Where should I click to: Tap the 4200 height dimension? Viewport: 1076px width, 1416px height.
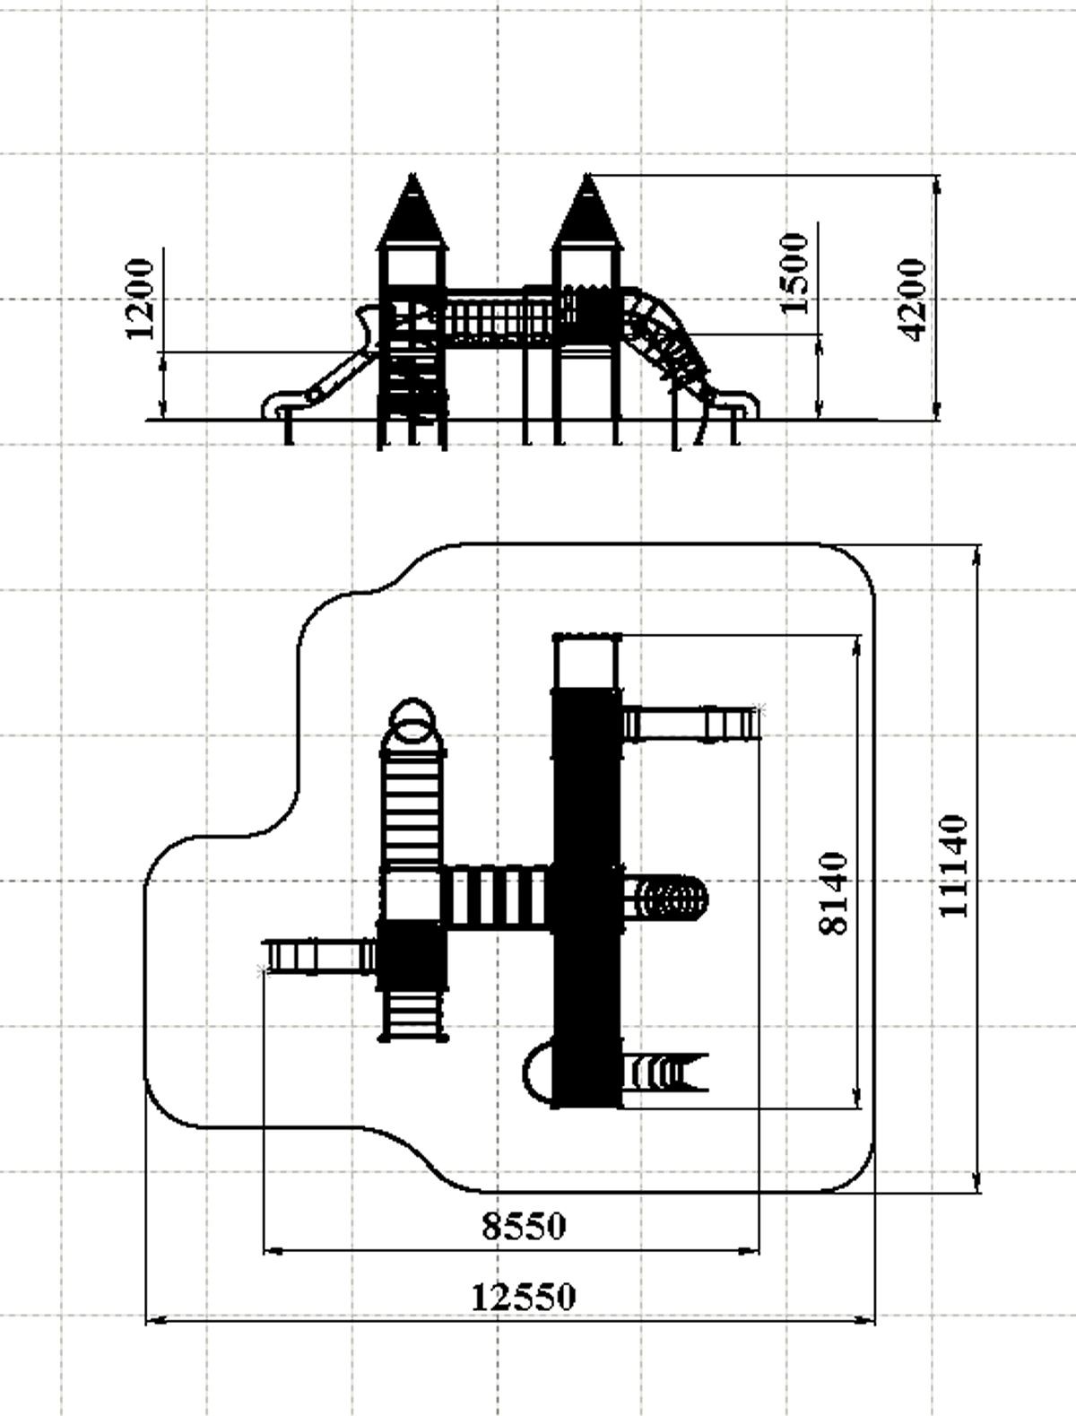[x=912, y=300]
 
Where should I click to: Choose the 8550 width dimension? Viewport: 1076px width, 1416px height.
[x=524, y=1226]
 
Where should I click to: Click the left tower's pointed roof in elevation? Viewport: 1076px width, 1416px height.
[x=412, y=212]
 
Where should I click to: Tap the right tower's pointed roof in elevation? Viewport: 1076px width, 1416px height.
[x=587, y=212]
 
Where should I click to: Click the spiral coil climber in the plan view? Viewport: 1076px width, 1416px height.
[x=665, y=898]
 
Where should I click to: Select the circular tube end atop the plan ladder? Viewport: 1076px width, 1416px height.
[x=412, y=718]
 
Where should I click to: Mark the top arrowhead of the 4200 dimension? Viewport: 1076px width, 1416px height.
[x=937, y=185]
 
